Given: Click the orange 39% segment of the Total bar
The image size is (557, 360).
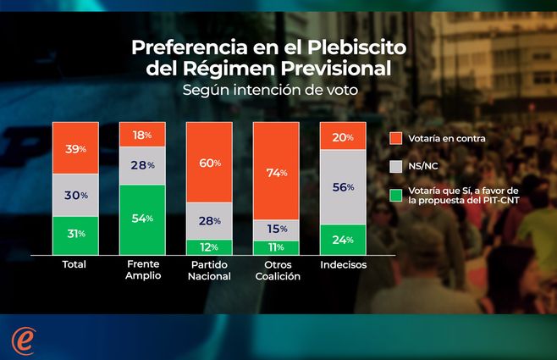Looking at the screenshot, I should pos(74,148).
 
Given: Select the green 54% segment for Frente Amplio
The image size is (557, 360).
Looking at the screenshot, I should pos(141,219).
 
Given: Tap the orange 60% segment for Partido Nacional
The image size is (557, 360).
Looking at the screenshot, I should pos(208,163).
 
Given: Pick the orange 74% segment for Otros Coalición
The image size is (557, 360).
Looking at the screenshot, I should pos(275,171).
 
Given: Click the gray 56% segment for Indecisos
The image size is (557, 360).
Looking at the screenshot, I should pos(342,187).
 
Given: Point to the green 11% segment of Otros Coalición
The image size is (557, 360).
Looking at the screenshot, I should pos(275,246).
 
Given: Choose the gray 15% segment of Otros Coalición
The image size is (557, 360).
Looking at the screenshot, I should pos(275,230).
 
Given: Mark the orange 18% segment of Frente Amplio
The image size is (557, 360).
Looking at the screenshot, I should pos(141,135).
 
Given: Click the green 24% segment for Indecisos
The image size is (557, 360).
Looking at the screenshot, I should pos(342,239).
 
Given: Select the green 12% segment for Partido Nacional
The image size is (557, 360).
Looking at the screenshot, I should pos(208,246).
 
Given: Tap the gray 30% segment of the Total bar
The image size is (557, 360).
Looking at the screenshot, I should pos(74,195).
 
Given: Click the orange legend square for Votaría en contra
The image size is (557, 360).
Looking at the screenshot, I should pos(394,138).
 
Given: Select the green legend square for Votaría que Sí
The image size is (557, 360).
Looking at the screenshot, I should pos(394,197).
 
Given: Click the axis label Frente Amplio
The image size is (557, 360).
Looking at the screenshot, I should pos(141,270).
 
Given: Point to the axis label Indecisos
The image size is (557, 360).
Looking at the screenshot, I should pos(342,265).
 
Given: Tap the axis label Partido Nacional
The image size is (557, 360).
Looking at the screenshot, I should pos(208,270).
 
